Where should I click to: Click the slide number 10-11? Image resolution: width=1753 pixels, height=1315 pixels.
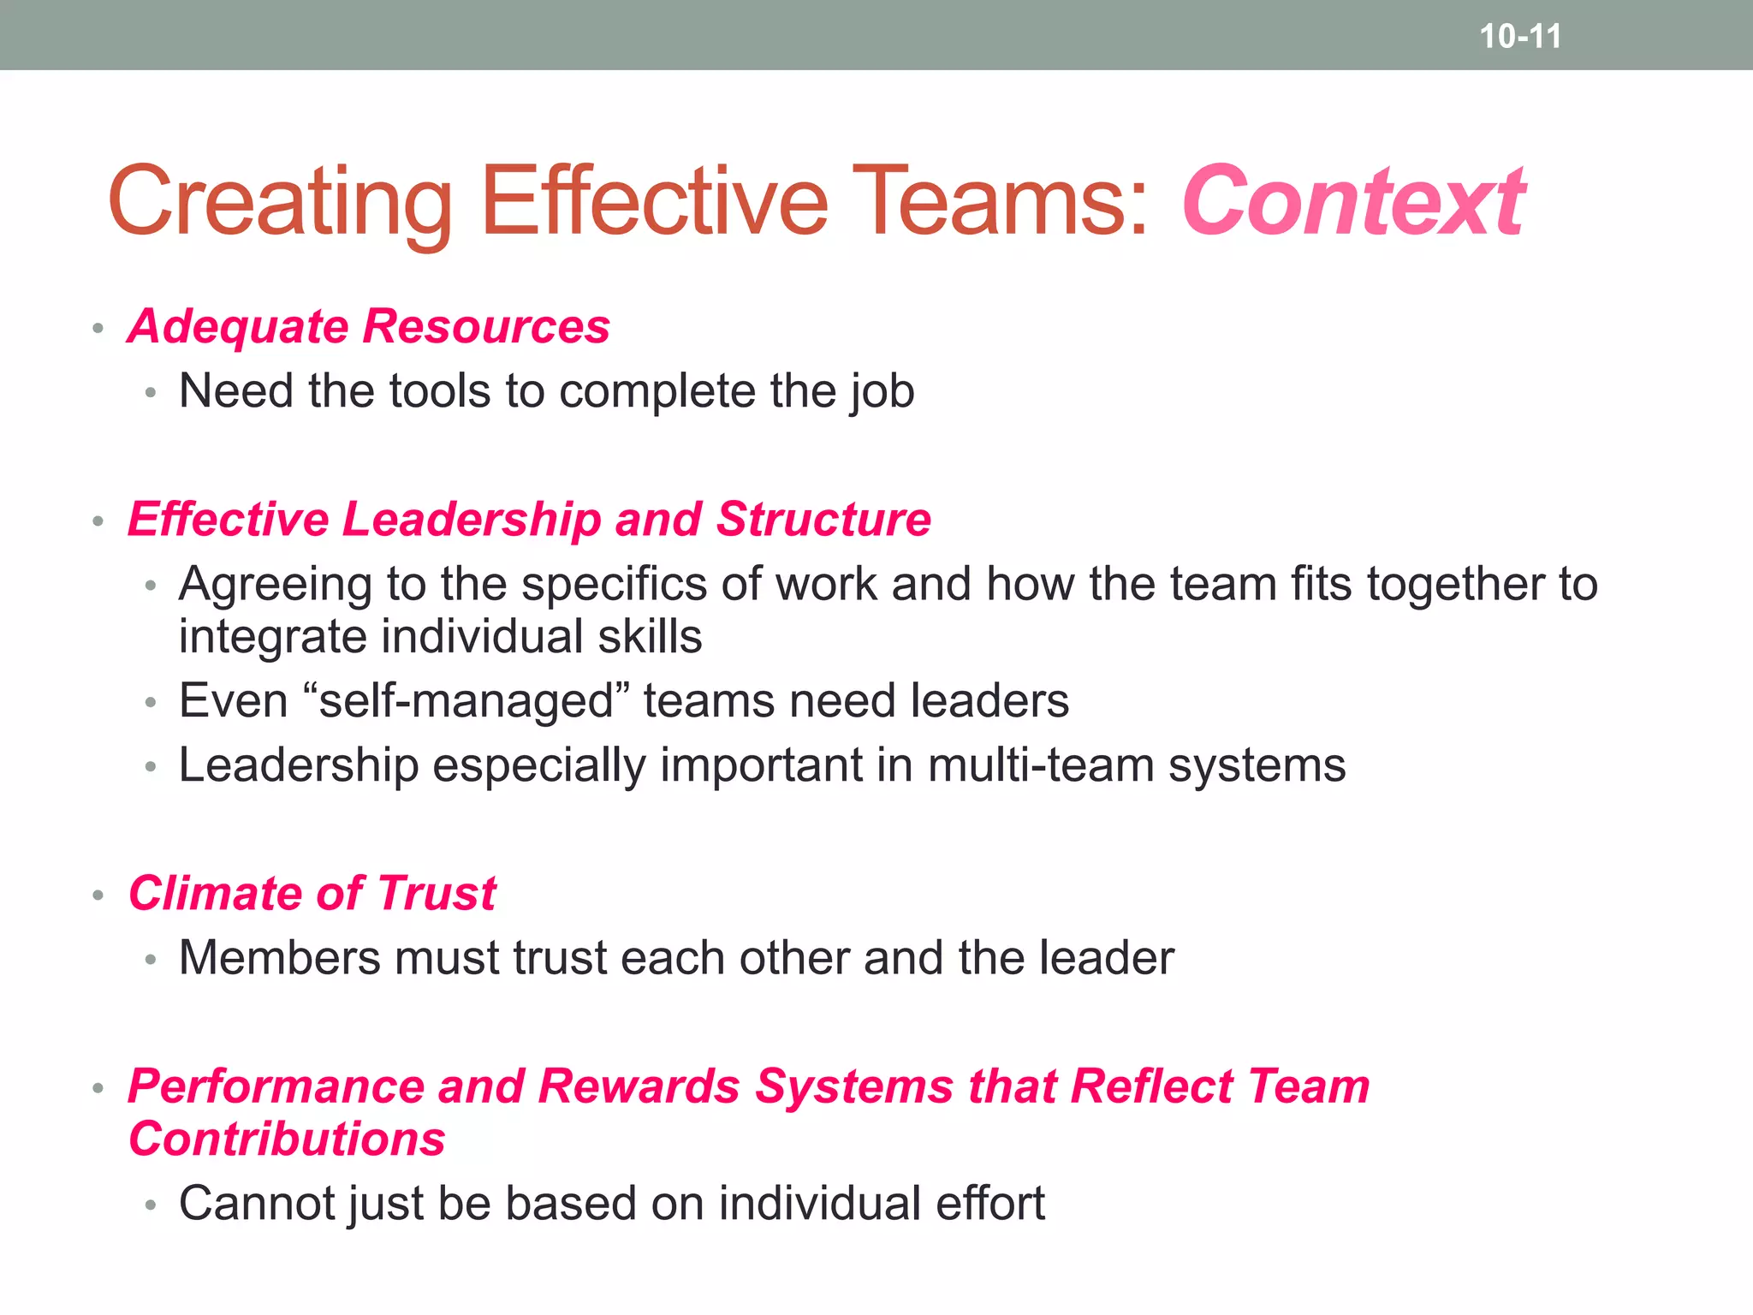click(x=1520, y=36)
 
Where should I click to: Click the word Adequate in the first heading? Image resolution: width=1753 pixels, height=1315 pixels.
click(x=238, y=327)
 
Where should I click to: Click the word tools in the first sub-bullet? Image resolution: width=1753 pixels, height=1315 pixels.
click(x=440, y=391)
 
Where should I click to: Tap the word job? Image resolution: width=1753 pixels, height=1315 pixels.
click(x=882, y=393)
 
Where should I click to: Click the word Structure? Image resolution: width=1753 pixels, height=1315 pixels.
click(x=823, y=520)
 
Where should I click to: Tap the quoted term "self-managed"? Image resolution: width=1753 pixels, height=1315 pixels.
click(x=466, y=701)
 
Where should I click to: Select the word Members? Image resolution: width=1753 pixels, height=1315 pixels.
click(x=279, y=958)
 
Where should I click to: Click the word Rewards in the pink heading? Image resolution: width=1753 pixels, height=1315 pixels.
click(x=639, y=1086)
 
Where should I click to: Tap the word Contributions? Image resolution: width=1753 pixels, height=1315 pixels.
click(x=287, y=1139)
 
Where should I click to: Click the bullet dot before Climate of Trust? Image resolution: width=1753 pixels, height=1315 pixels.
click(x=98, y=896)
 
